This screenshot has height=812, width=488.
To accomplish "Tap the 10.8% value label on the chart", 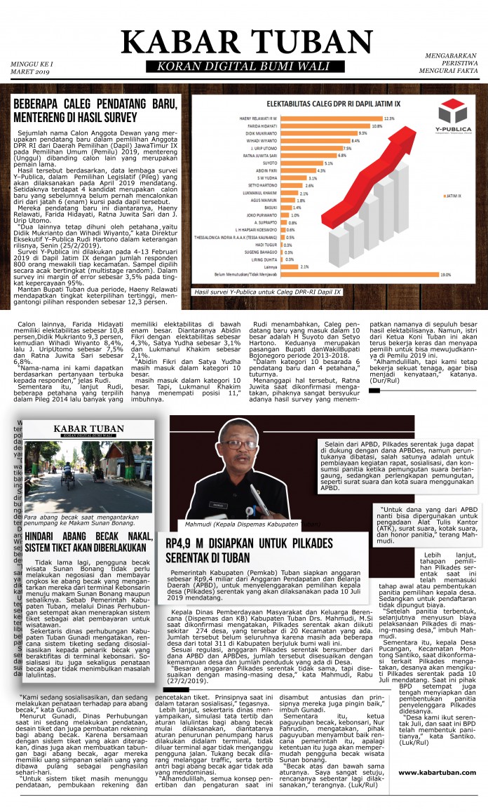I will [377, 126].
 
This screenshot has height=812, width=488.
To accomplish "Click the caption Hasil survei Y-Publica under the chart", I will [268, 291].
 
